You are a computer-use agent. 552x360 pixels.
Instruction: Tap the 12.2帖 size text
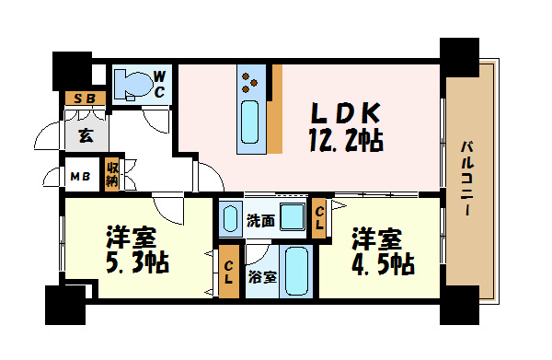344,141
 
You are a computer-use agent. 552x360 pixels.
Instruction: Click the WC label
159,84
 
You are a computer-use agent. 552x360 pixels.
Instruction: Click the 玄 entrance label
86,136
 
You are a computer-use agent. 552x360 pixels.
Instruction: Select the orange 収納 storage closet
112,174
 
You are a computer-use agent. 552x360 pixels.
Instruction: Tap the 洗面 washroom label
260,220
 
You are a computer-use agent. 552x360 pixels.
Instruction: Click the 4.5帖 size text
382,263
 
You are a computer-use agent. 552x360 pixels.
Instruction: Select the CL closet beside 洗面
319,219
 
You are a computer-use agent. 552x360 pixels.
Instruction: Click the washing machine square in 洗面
293,219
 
